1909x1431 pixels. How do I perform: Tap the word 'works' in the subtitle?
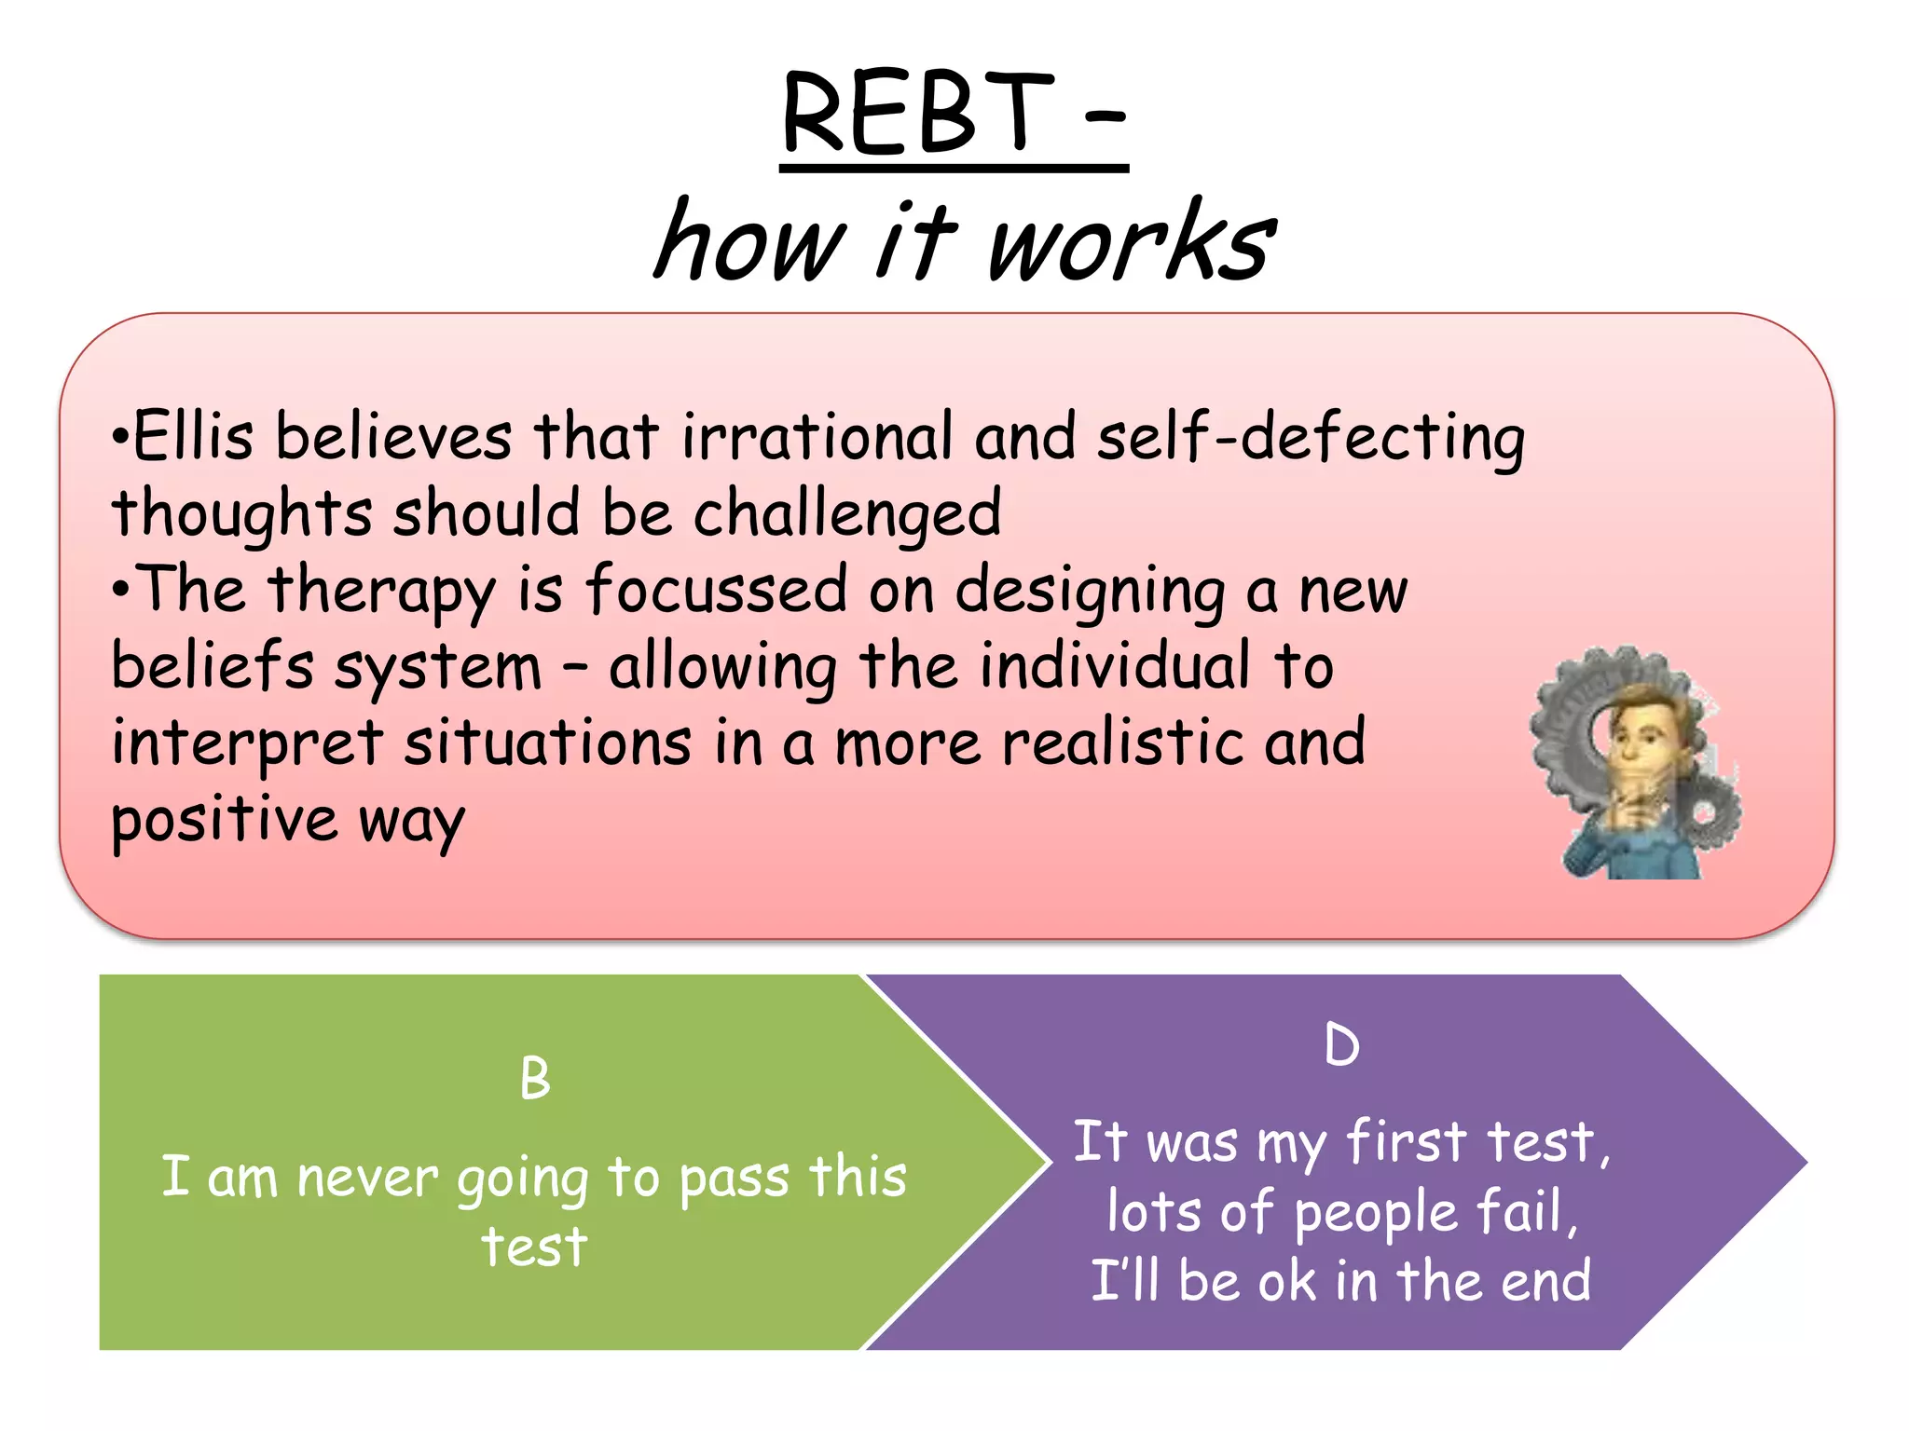tap(1131, 242)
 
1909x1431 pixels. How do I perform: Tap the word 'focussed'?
tap(716, 590)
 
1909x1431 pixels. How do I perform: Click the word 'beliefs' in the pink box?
tap(213, 667)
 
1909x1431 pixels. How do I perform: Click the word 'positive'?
tap(224, 821)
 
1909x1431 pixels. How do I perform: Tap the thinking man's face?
tap(1641, 736)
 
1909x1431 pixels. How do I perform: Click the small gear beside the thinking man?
tap(1706, 811)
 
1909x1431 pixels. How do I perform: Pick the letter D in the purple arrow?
tap(1341, 1044)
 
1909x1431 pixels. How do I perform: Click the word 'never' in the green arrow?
tap(366, 1178)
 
